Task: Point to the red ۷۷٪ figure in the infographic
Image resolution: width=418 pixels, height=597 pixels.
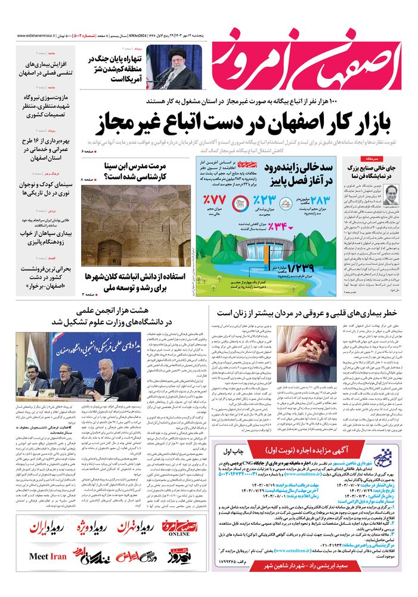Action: coord(214,199)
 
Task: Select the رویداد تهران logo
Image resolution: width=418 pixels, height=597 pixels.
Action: coord(131,528)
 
